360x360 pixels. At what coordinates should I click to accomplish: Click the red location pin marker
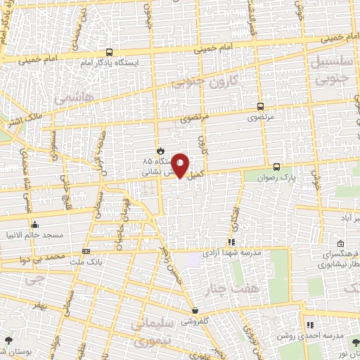click(181, 165)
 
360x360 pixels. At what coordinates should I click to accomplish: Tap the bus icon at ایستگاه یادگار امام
click(109, 52)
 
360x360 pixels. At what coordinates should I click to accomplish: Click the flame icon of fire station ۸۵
click(160, 150)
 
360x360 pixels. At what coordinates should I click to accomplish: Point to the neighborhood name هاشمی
click(69, 99)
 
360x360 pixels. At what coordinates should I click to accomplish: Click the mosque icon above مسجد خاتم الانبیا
click(34, 225)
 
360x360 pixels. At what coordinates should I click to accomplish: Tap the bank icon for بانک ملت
click(86, 250)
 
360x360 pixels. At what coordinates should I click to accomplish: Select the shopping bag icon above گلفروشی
click(195, 310)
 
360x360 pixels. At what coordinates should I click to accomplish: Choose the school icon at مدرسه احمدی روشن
click(309, 324)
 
